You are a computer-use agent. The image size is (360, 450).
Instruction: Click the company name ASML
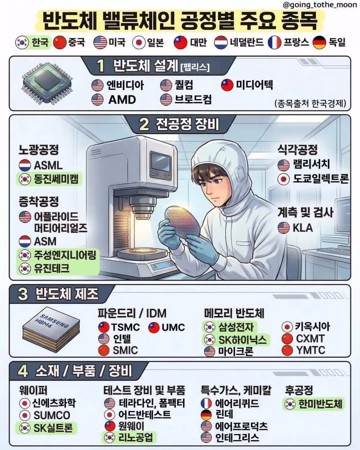[48, 165]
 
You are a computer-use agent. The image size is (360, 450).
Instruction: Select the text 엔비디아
[124, 85]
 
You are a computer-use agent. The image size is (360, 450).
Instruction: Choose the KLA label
[303, 228]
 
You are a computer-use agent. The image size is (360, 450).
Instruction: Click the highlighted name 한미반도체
[320, 404]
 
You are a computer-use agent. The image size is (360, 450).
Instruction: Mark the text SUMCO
[52, 415]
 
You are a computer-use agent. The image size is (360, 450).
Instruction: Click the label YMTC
[310, 350]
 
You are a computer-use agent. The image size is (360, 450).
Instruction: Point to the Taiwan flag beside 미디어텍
[227, 85]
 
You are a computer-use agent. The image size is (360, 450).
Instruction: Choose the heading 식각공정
[298, 150]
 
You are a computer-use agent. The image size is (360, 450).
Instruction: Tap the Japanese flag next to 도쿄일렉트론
[284, 178]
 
